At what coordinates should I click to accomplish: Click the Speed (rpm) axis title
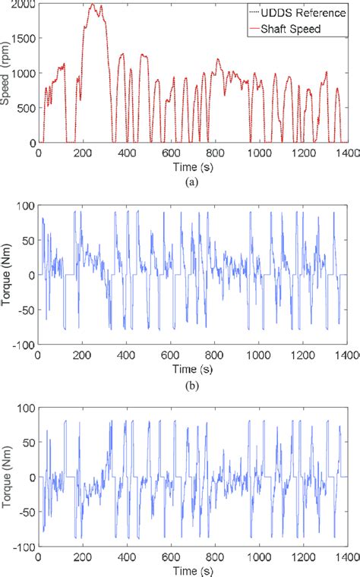click(x=7, y=74)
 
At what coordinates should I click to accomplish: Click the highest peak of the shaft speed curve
click(x=92, y=5)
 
